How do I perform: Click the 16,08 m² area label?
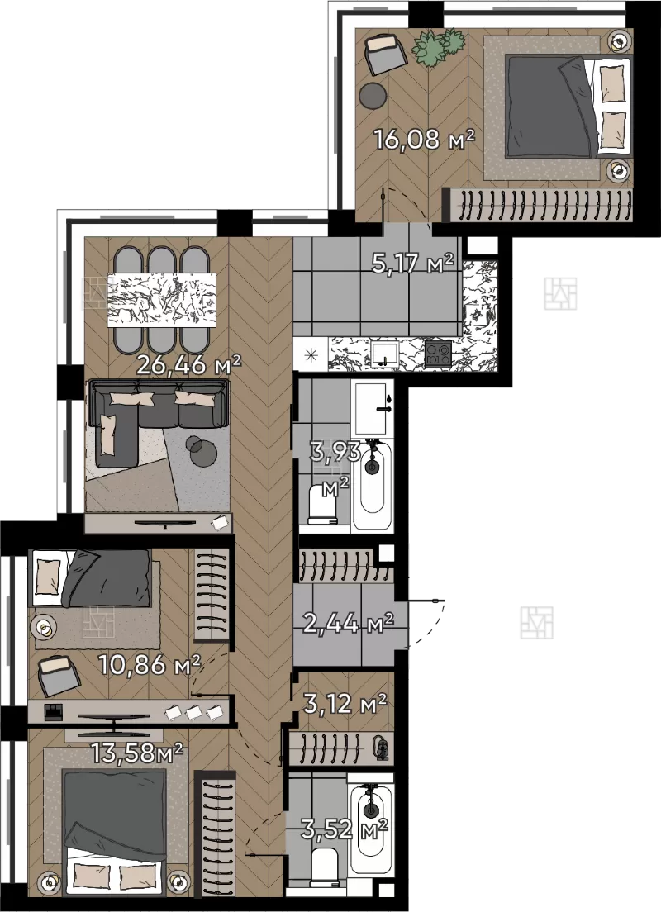click(424, 140)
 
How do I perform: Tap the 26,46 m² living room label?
click(188, 365)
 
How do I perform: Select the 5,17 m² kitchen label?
click(412, 264)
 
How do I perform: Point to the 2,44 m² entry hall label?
click(349, 624)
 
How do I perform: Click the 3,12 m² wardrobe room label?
click(345, 704)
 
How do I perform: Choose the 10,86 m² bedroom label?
click(150, 664)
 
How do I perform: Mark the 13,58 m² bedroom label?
click(137, 753)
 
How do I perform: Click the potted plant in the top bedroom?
click(439, 46)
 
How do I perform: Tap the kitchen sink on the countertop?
click(384, 353)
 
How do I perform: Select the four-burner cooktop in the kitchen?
click(438, 353)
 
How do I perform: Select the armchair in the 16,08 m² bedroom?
click(385, 54)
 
